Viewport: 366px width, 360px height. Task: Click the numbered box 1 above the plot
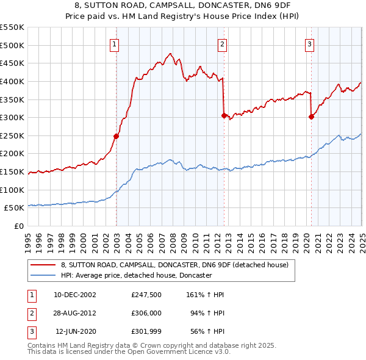[x=115, y=44]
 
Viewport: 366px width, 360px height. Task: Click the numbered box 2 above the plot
[x=223, y=44]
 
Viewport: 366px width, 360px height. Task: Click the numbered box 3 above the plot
[x=310, y=44]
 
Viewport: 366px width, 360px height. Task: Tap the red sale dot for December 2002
[x=116, y=136]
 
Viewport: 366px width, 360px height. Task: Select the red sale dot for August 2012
[x=224, y=115]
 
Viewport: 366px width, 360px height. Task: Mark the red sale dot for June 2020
[x=311, y=117]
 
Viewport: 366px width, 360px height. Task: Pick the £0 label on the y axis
[x=18, y=226]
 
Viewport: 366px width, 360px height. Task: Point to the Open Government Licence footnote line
[x=129, y=351]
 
